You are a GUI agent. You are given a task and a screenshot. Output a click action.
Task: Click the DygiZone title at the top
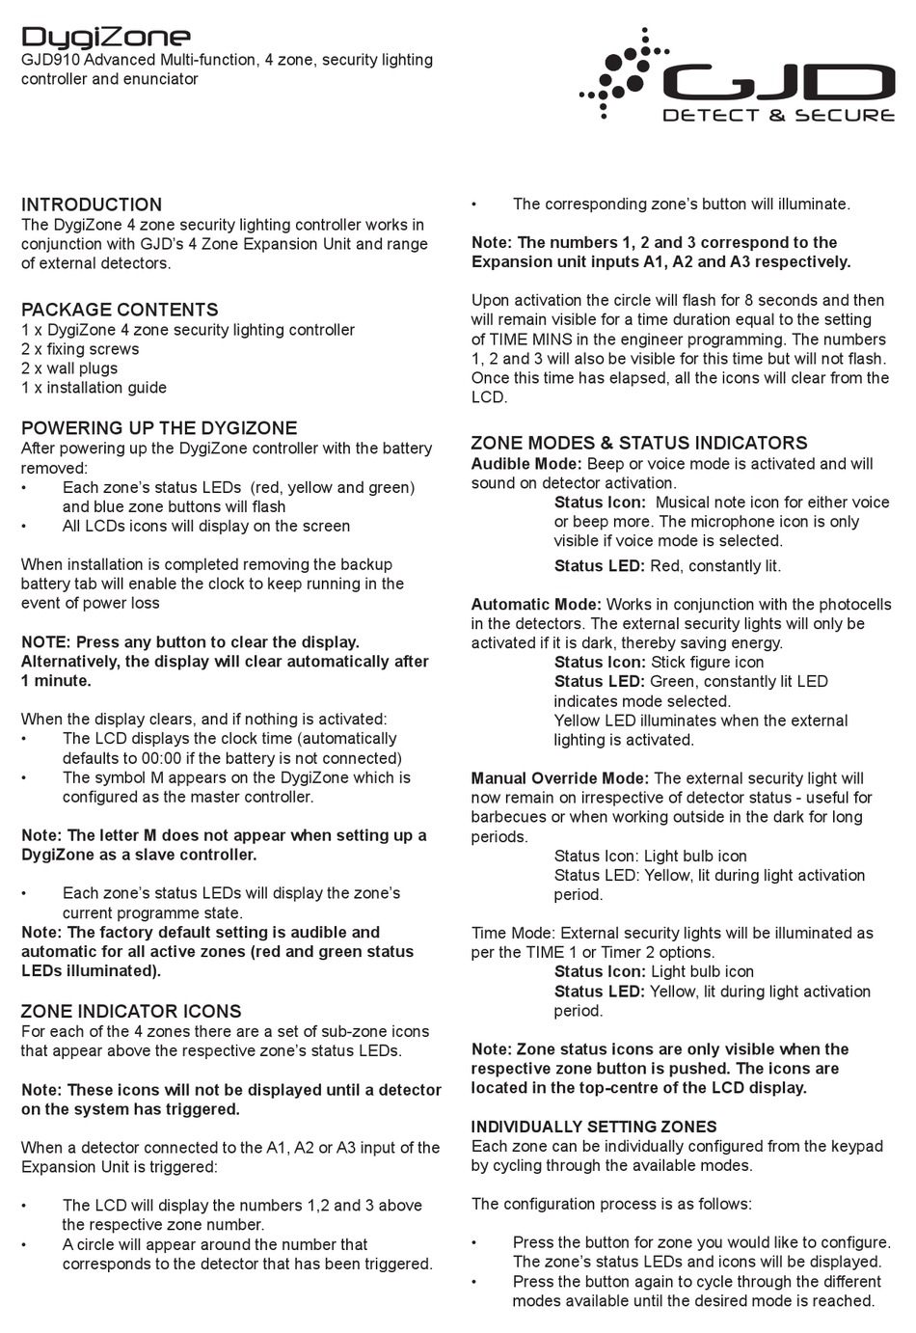[106, 37]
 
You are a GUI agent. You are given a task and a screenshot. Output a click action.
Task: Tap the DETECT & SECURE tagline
[778, 116]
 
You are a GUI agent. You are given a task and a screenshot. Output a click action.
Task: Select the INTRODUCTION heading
[92, 204]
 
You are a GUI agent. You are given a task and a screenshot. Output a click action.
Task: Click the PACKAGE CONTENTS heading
[120, 310]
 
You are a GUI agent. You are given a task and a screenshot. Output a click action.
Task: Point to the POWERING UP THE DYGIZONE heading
[159, 428]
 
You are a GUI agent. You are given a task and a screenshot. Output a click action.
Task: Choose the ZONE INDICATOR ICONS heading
[131, 1012]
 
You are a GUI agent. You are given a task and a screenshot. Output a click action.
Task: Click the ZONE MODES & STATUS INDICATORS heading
[638, 444]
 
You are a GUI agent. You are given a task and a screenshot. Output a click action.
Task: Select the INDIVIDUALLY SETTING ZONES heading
[594, 1127]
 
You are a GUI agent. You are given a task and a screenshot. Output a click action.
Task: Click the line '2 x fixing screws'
[80, 349]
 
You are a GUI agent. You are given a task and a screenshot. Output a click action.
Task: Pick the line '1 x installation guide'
[94, 388]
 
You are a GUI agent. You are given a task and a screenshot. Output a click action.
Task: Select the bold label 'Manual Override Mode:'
[560, 778]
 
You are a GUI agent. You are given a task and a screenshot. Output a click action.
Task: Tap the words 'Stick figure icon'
[707, 663]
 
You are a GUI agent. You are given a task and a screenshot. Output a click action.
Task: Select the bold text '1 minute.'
[56, 681]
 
